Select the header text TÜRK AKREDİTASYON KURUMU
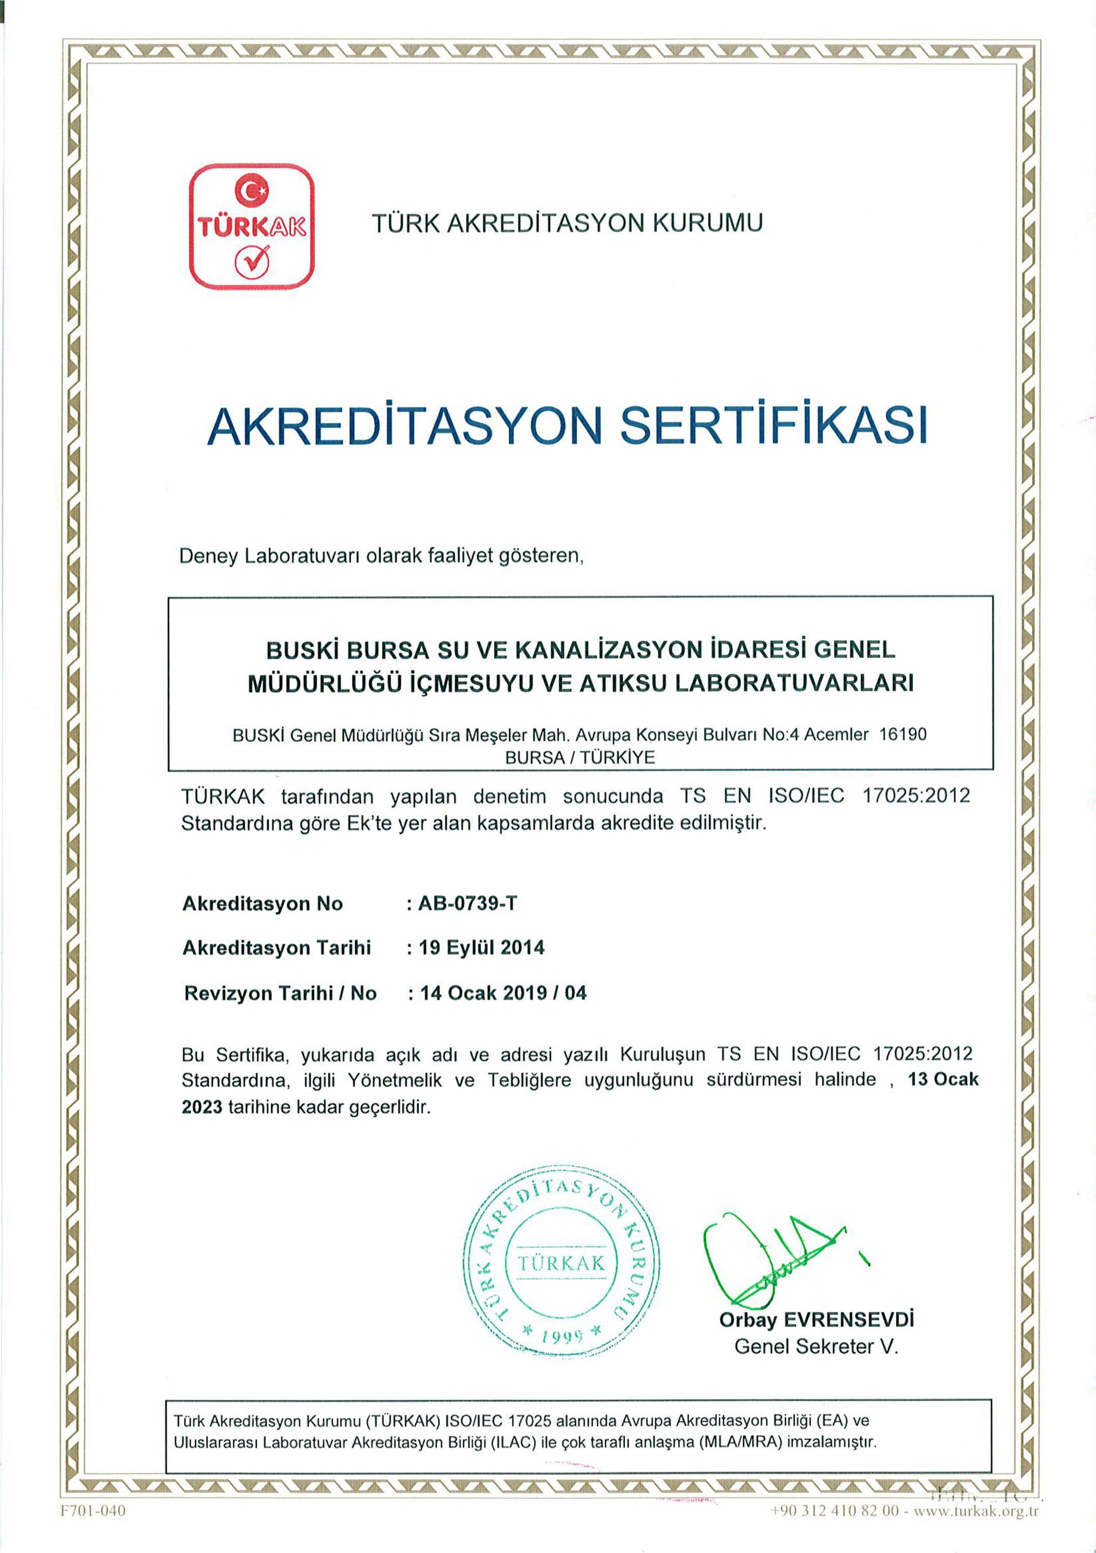click(x=567, y=223)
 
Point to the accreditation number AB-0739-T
click(x=467, y=904)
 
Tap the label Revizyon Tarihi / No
click(x=280, y=993)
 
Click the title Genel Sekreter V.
click(x=816, y=1346)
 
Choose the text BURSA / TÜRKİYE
click(x=580, y=757)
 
